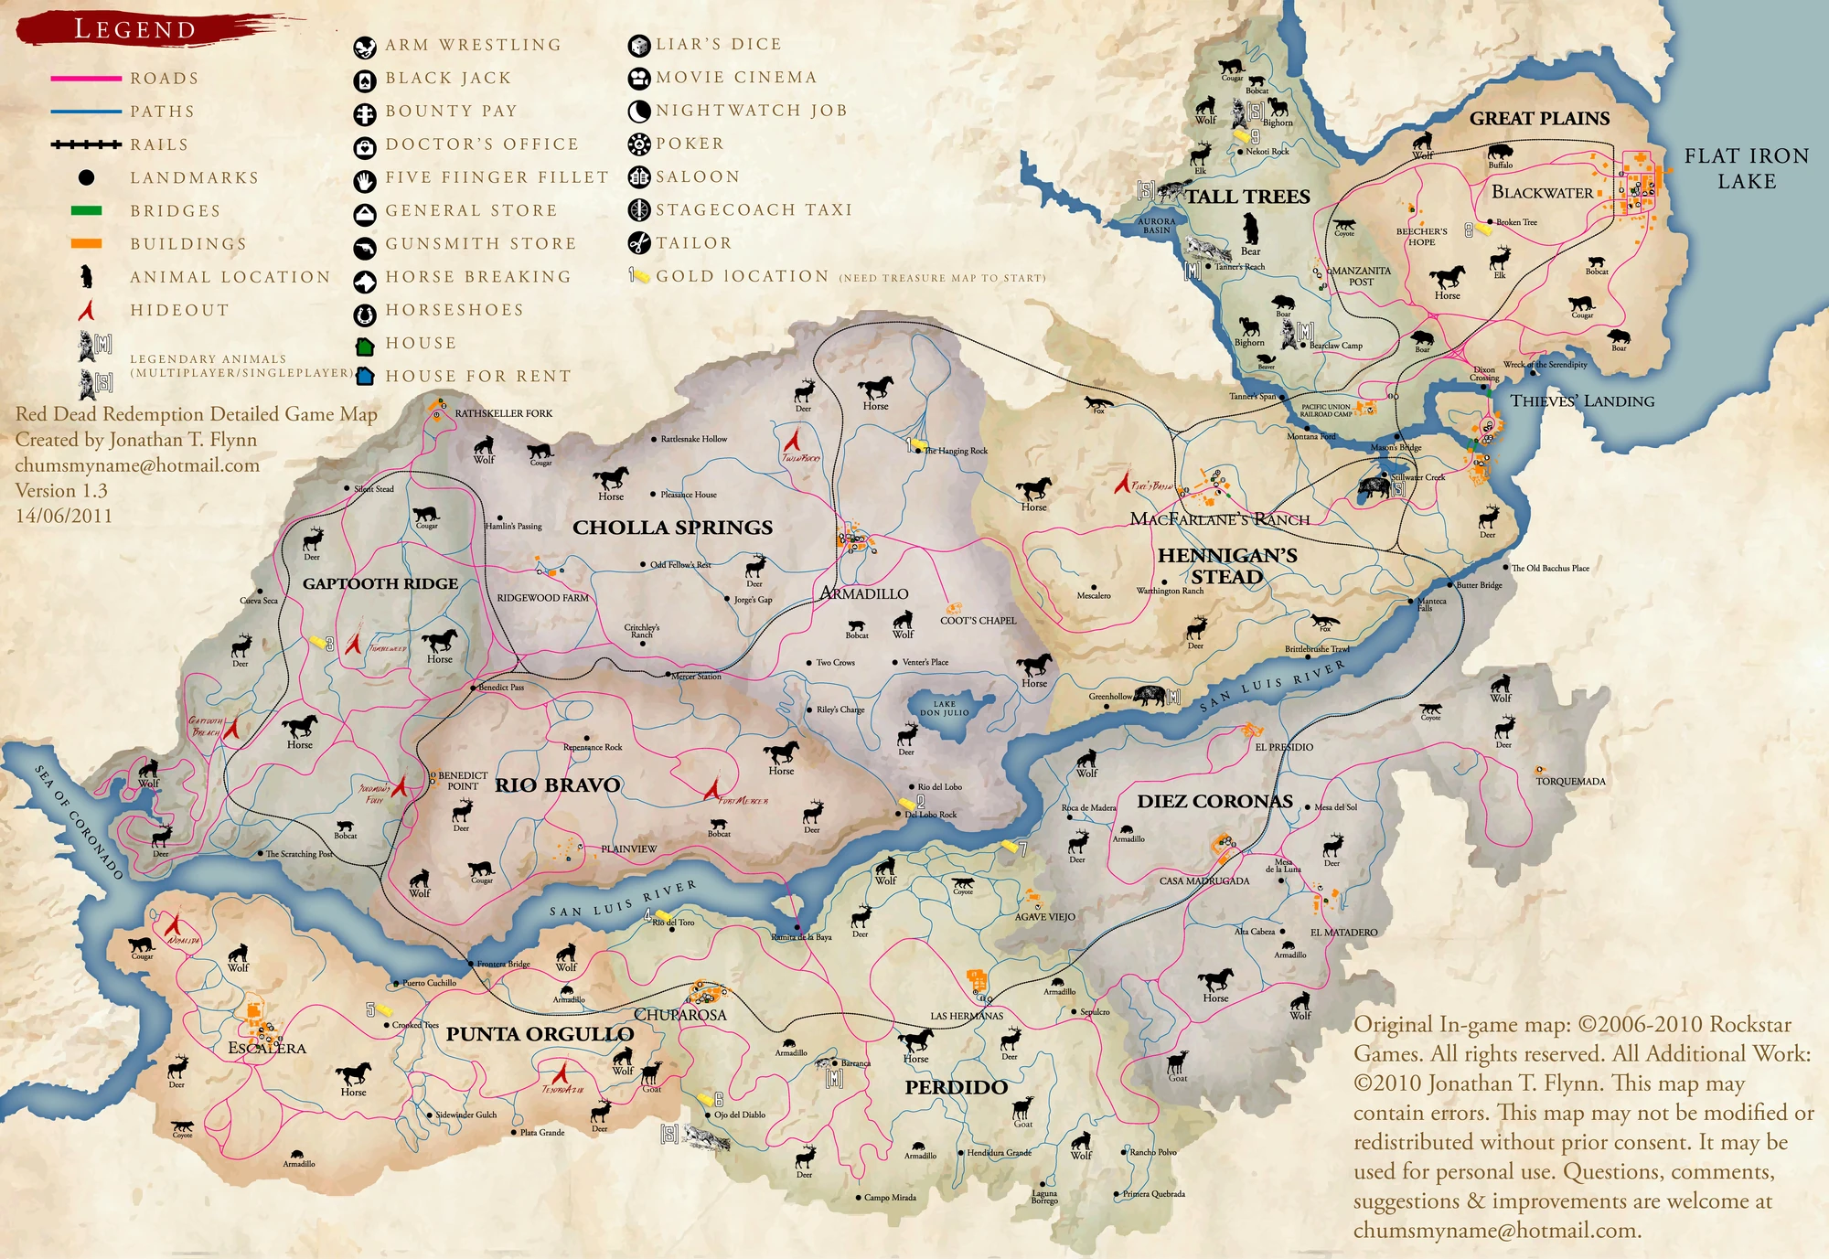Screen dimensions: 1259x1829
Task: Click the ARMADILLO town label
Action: coord(864,593)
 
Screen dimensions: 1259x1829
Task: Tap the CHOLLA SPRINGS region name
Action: coord(672,528)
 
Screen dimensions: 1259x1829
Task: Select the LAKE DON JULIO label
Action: coord(944,709)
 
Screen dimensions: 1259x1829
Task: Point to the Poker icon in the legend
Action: coord(638,144)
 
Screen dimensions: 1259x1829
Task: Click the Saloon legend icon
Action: coord(638,177)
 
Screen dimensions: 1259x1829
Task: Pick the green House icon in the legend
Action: coord(365,345)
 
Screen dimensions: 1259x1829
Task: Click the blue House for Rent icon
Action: coord(365,377)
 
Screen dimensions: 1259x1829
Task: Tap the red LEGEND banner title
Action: coord(135,29)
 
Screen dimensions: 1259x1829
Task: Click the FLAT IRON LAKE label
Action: coord(1746,168)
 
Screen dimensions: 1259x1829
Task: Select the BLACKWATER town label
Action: coord(1542,192)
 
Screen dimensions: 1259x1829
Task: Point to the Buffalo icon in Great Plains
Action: coord(1500,152)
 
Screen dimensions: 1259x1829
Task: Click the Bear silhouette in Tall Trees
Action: coord(1250,229)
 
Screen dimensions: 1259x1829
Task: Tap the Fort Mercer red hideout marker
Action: coord(712,787)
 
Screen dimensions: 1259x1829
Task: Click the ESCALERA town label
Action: coord(266,1048)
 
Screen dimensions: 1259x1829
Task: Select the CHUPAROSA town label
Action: coord(679,1015)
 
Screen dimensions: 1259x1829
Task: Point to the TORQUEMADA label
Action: coord(1570,781)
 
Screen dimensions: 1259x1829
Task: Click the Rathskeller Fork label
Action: coord(503,413)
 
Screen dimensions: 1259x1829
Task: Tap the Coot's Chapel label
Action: coord(978,620)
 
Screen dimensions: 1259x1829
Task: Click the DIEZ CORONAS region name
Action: coord(1214,802)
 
